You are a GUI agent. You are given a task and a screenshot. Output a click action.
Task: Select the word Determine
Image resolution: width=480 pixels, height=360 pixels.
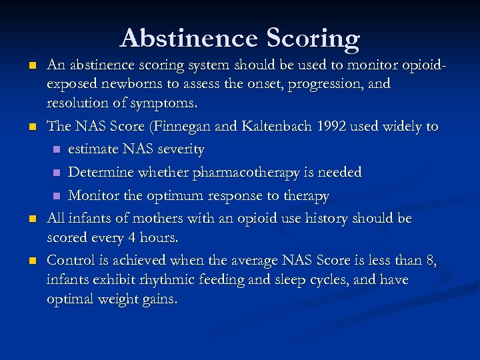coord(98,172)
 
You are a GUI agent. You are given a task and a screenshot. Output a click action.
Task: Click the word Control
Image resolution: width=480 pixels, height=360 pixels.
coord(71,260)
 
